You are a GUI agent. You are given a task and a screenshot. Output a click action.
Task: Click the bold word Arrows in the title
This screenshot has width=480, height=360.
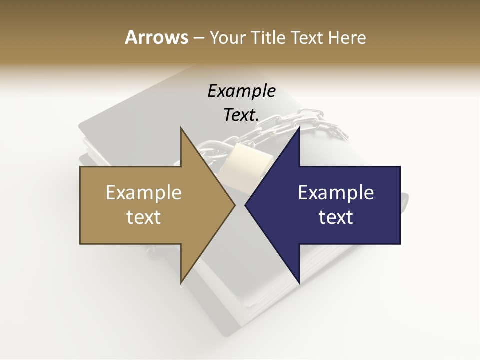point(156,37)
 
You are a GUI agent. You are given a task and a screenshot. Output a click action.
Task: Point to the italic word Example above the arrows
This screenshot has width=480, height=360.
point(241,91)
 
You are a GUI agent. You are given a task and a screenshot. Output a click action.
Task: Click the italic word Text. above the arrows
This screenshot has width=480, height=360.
point(241,115)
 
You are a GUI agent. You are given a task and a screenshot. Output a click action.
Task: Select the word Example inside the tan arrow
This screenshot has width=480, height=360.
point(144,193)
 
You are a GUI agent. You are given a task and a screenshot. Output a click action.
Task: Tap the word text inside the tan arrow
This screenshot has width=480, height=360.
point(144,217)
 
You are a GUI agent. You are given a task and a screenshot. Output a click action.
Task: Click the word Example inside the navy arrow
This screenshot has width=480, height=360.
point(336,193)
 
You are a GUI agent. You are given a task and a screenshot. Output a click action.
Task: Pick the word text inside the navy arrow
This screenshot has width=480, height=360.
point(336,217)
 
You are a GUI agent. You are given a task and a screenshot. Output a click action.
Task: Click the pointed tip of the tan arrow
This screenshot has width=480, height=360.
point(234,205)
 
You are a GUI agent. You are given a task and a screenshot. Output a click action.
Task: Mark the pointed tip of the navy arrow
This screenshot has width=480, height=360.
point(246,205)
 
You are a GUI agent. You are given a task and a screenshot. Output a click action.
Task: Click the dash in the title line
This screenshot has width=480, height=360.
point(198,38)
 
